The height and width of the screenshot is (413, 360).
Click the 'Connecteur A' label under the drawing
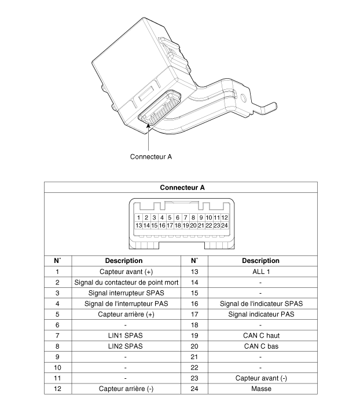tap(151, 157)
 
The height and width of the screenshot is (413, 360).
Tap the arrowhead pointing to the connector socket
tap(148, 125)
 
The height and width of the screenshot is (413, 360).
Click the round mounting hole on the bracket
tap(244, 98)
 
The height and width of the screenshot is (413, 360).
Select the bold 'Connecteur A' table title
tap(182, 188)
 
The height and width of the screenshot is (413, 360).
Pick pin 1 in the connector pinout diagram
tap(139, 218)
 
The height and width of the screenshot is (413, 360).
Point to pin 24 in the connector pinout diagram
tap(224, 225)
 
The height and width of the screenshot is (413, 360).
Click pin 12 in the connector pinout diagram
tap(224, 218)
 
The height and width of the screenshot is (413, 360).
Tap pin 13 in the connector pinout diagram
tap(139, 225)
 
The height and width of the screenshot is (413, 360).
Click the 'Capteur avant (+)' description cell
tap(126, 272)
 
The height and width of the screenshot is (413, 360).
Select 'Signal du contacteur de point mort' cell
tap(126, 282)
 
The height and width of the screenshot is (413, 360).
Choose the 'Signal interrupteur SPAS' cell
tap(126, 293)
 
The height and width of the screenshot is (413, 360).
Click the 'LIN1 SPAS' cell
tap(125, 335)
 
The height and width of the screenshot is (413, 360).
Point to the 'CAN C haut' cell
tap(261, 335)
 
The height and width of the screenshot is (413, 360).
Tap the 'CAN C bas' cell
tap(261, 346)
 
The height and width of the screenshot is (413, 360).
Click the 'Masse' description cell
tap(261, 389)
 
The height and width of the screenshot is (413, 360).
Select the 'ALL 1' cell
tap(261, 272)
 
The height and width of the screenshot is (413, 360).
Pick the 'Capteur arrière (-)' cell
tap(126, 389)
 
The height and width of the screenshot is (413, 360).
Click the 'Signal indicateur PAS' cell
tap(261, 314)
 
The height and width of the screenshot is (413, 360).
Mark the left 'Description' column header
tap(124, 261)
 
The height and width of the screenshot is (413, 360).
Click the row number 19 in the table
tap(194, 335)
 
